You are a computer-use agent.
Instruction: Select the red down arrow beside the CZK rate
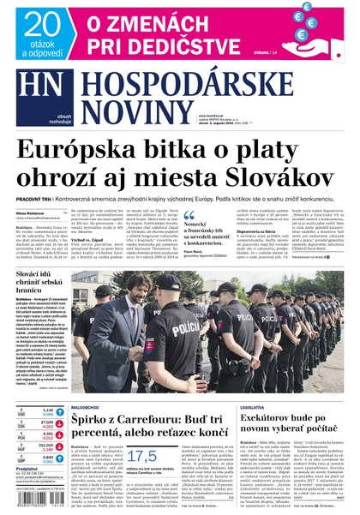tap(62, 423)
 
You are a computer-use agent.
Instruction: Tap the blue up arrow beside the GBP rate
tap(62, 458)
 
